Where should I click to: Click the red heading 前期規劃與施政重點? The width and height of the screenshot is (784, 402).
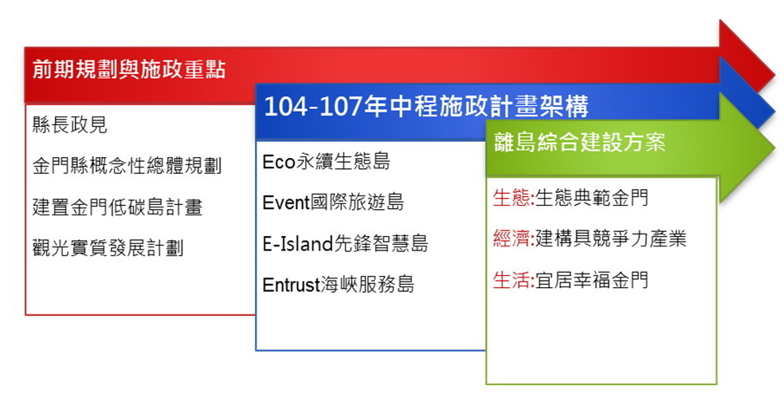pos(129,69)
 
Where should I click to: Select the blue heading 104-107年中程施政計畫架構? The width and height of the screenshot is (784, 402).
pos(426,106)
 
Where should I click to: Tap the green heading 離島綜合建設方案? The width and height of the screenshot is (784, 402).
pos(579,142)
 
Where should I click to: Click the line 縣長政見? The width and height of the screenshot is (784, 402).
pos(69,124)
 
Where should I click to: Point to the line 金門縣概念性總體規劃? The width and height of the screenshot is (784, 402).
pos(127,166)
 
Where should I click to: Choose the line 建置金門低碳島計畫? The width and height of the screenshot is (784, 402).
pos(117,207)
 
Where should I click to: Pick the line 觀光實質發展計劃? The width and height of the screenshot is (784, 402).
pos(108,248)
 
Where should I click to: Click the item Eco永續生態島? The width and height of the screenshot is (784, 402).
pos(326,161)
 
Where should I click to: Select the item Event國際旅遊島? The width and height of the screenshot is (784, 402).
pos(333,203)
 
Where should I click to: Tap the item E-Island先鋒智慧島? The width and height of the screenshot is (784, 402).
pos(345,244)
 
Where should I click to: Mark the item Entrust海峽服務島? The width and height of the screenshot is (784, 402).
pos(339,285)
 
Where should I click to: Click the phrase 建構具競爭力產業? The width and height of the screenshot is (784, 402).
pos(610,238)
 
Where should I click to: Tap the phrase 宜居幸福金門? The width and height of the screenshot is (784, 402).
pos(591,280)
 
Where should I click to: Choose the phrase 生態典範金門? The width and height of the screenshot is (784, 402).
pos(591,198)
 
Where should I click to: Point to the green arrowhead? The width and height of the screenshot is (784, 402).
pos(747,148)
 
